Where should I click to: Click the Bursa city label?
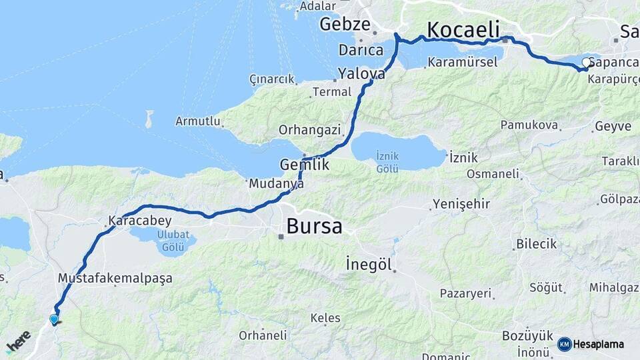[x=314, y=226]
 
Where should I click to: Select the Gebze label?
[x=344, y=25]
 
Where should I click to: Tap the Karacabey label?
[x=140, y=221]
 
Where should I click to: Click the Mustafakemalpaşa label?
[x=115, y=278]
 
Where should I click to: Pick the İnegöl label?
[x=369, y=264]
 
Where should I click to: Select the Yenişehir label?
[x=461, y=204]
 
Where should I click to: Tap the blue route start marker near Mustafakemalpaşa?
[x=54, y=319]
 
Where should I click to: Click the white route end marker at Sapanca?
[x=586, y=63]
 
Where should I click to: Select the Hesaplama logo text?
[x=598, y=345]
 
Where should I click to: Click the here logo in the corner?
[x=18, y=342]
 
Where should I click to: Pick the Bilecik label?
[x=536, y=244]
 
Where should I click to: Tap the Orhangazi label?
[x=309, y=129]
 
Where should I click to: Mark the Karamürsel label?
[x=463, y=62]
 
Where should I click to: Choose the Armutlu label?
[x=197, y=121]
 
